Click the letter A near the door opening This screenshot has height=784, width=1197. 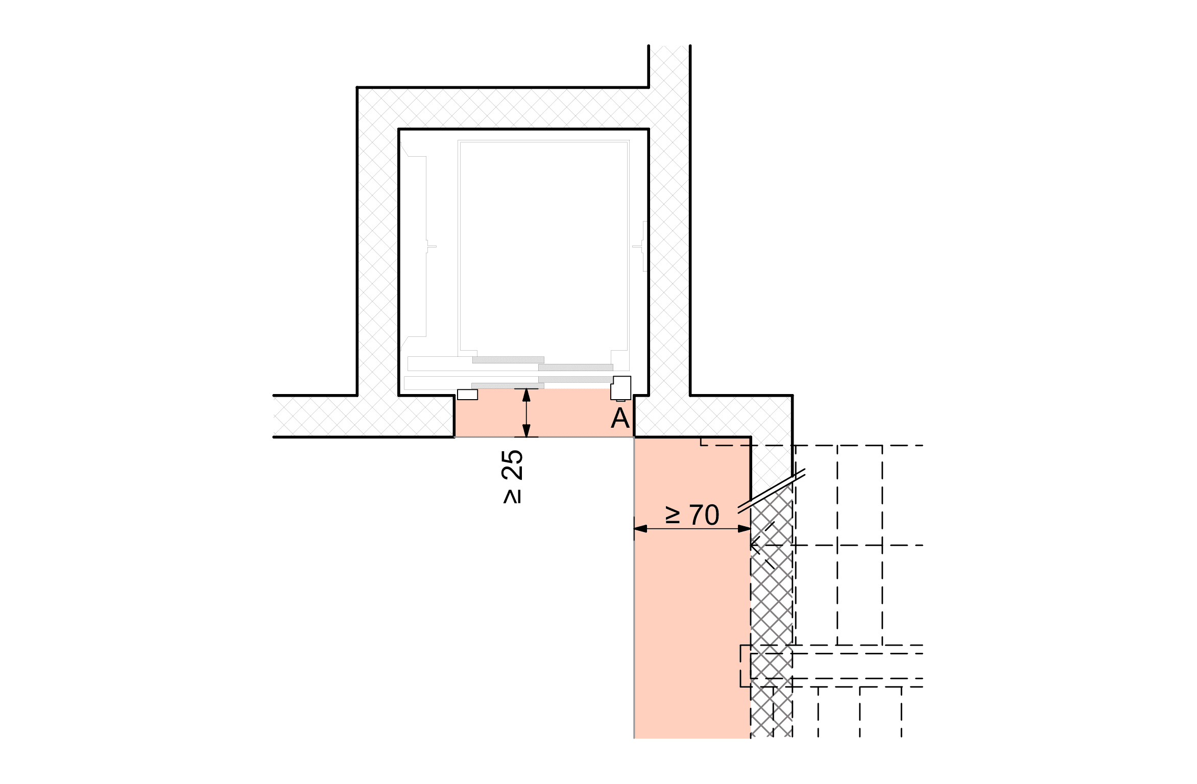(x=620, y=418)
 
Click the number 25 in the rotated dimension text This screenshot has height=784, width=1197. (x=512, y=465)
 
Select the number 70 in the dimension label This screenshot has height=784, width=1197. (x=704, y=515)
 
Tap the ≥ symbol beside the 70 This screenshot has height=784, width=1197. (x=673, y=516)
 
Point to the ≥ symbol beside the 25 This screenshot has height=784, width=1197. (x=512, y=497)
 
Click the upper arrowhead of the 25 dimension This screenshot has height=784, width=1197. (x=526, y=395)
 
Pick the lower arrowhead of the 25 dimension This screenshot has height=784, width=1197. (x=526, y=430)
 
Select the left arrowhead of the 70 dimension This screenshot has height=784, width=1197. (x=640, y=529)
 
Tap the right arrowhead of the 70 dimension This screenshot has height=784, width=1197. (x=744, y=529)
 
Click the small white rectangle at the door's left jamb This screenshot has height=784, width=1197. (x=467, y=395)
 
